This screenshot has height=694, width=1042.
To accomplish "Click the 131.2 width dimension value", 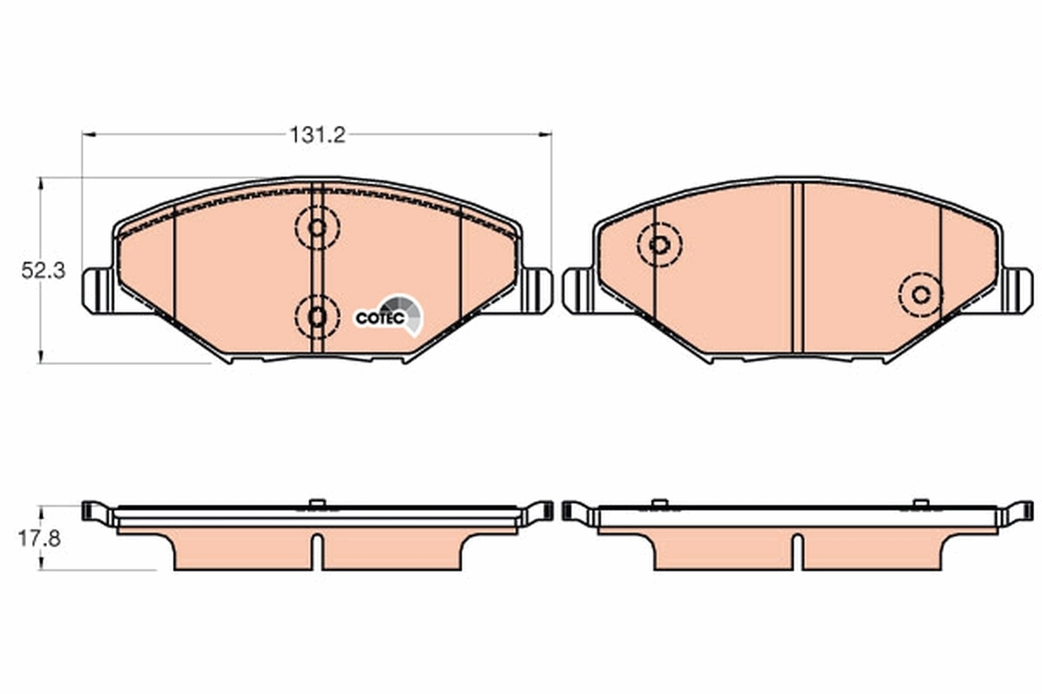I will pos(317,134).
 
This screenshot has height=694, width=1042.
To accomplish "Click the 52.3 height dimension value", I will pos(43,271).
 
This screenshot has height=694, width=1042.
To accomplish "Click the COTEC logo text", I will pos(379,318).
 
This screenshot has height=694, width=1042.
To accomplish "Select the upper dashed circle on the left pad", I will pos(317,229).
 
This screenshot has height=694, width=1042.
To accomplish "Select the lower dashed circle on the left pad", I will pos(317,317).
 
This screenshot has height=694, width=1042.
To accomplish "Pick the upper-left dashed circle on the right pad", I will pos(659,245).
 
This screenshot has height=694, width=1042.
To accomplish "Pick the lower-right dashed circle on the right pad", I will pos(920,294).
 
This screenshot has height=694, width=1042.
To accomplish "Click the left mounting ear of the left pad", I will pos(96,290).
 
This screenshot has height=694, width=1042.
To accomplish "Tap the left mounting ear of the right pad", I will pos(577,290).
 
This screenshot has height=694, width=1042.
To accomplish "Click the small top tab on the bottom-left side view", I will pos(317,502).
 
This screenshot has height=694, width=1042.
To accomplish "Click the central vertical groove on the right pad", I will pos(798,268).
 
